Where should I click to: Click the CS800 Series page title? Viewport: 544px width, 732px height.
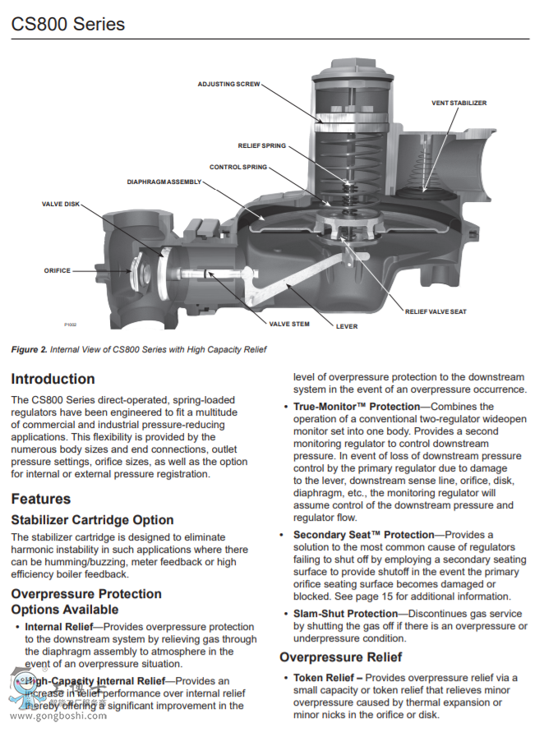coord(68,24)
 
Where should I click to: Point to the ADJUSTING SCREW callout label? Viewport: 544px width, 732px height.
coord(228,84)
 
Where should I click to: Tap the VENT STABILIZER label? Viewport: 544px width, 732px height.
coord(459,103)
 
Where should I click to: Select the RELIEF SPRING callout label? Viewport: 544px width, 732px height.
coord(262,145)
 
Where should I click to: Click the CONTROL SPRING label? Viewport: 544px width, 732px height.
coord(237,167)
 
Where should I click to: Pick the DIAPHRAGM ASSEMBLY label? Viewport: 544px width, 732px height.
coord(164,182)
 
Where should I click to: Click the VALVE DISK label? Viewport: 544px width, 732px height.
coord(61,204)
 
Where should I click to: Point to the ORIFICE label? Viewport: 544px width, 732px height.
coord(58,270)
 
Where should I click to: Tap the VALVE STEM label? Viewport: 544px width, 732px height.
coord(289,324)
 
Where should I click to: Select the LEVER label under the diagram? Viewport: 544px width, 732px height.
coord(347,326)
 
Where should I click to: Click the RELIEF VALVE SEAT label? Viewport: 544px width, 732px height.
coord(436,311)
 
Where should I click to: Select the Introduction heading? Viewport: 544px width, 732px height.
coord(53,380)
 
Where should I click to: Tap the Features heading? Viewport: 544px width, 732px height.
coord(41,499)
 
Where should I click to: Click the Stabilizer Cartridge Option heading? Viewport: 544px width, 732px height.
coord(92,520)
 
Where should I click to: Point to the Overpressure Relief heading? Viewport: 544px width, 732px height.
coord(340,657)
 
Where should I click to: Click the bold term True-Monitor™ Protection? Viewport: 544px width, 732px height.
coord(356,407)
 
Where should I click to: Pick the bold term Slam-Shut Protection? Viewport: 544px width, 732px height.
coord(345,614)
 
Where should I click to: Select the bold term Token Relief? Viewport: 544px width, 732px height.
coord(327,678)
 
